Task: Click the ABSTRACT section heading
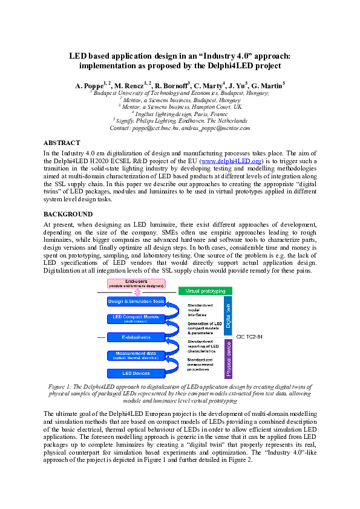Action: click(62, 143)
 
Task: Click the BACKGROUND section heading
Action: click(68, 214)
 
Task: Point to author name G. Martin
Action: click(268, 86)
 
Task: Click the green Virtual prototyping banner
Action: click(205, 291)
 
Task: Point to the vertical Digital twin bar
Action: click(228, 315)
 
